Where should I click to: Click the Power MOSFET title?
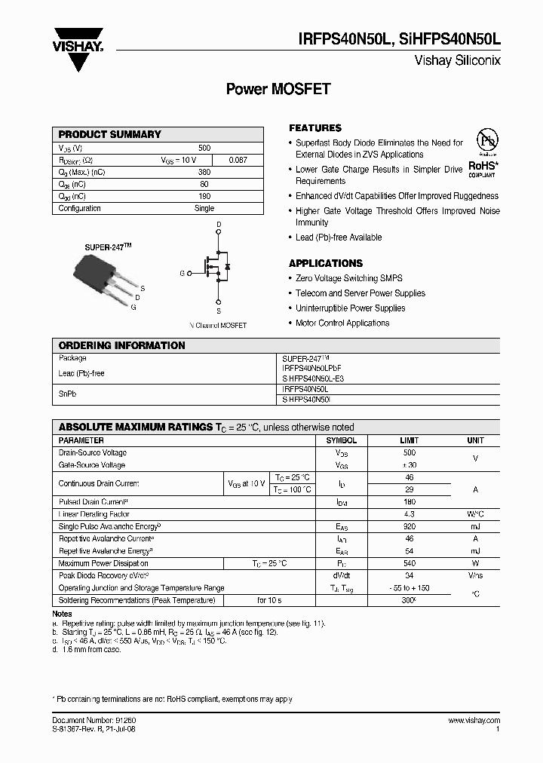278,89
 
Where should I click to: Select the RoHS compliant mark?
482,167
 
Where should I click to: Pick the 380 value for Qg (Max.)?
204,172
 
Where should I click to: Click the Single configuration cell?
204,208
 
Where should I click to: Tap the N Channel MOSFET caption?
218,326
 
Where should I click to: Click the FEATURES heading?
315,128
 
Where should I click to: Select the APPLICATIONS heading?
326,263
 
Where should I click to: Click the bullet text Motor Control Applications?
342,323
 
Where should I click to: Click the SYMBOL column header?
341,440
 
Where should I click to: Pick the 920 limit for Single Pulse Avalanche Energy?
410,526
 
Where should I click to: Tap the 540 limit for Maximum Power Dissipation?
410,563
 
